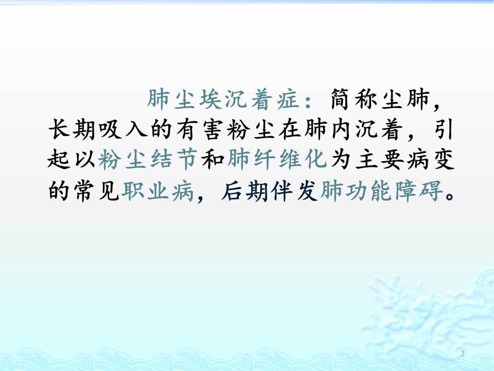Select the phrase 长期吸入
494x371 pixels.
pos(98,129)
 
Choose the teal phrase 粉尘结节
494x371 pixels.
pos(148,159)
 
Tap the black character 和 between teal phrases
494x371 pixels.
pos(213,159)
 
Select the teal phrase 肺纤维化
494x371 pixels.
pos(277,159)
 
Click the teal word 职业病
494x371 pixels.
pos(157,191)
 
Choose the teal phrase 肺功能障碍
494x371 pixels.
pos(381,191)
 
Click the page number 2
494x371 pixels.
pos(463,353)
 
